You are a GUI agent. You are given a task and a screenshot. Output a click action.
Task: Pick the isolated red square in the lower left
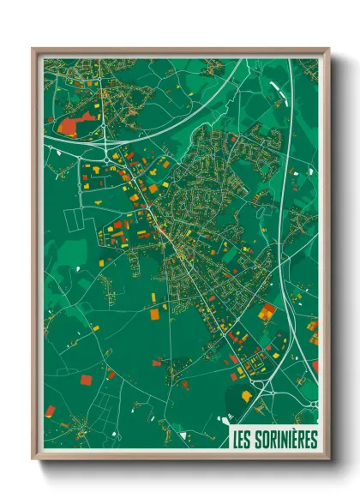pyautogui.click(x=86, y=379)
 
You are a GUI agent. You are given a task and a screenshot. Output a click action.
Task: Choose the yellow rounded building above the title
pyautogui.click(x=248, y=395)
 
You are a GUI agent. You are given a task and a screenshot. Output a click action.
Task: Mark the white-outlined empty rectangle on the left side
pyautogui.click(x=75, y=225)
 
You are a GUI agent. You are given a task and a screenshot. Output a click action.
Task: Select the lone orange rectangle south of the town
pyautogui.click(x=155, y=315)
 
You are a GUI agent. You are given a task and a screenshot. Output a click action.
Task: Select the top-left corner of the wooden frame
pyautogui.click(x=34, y=50)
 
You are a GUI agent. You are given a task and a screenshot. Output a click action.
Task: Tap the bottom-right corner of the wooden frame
pyautogui.click(x=327, y=458)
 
